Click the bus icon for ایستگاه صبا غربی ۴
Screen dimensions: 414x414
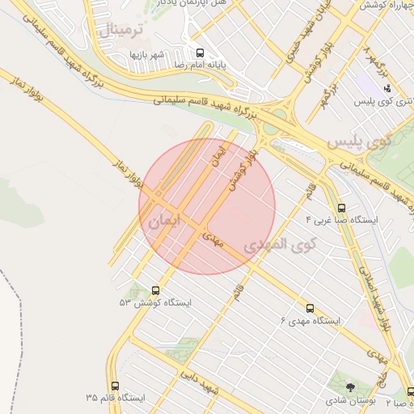(x=341, y=208)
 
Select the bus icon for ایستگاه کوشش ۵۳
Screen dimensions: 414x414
(x=155, y=289)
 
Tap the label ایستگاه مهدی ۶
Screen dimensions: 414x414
(x=310, y=321)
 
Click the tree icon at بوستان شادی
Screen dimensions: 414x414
(x=349, y=387)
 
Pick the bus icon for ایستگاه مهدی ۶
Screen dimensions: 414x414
(x=310, y=308)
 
